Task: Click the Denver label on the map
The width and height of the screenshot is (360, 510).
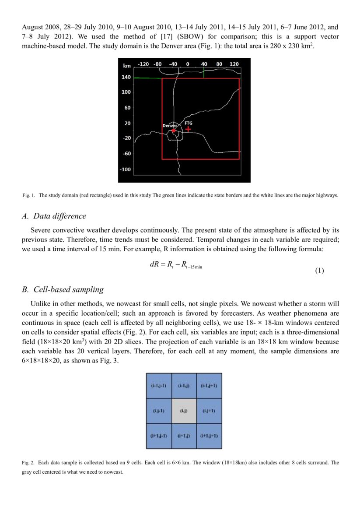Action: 170,126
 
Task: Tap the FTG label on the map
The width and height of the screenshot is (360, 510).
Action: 188,123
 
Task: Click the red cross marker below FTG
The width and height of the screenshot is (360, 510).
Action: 188,129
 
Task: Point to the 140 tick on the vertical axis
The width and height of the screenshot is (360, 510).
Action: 126,77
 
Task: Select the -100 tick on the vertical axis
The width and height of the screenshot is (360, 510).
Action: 126,169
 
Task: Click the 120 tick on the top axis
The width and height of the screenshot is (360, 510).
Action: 234,64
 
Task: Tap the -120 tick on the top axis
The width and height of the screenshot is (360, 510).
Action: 143,64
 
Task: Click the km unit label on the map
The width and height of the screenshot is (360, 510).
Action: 127,65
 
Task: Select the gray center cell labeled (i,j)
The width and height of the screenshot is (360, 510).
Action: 184,411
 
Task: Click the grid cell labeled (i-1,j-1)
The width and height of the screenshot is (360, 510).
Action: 158,386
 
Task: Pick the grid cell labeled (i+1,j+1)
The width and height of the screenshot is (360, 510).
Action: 209,436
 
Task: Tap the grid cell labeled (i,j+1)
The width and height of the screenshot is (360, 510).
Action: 209,411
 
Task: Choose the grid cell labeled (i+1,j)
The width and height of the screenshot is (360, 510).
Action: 184,436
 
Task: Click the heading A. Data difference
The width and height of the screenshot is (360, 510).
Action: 54,216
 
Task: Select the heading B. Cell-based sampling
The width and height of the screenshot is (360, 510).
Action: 63,289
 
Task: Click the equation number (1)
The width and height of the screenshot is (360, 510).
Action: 319,271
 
